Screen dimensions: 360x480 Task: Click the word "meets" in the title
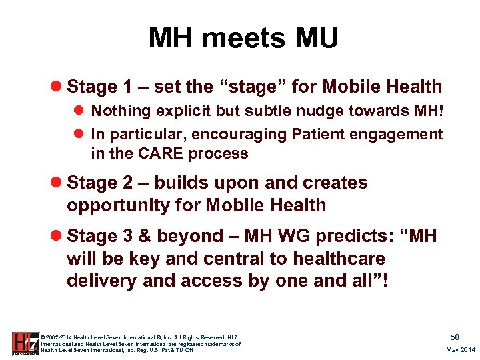(x=245, y=38)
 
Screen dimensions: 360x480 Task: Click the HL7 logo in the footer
(x=25, y=343)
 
